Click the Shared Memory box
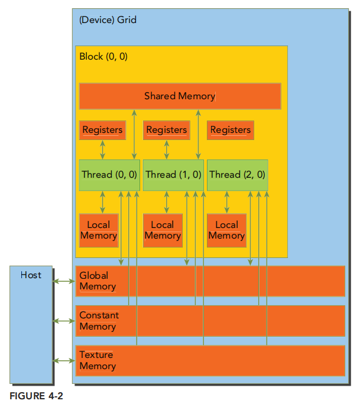(180, 96)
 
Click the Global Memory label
(98, 281)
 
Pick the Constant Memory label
(99, 321)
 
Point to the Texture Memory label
(98, 360)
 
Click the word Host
(31, 275)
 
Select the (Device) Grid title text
(108, 20)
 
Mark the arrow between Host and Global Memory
(64, 281)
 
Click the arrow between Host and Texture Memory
(64, 360)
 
